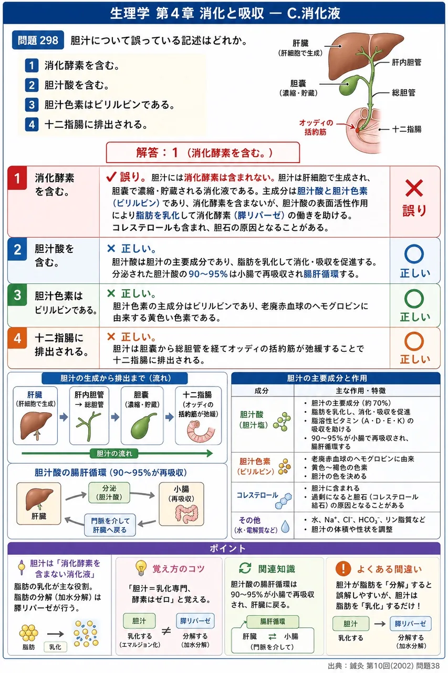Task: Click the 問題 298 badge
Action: (x=38, y=40)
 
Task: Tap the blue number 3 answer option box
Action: (x=32, y=105)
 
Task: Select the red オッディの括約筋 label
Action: (x=316, y=127)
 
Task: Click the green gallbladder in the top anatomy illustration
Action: (x=350, y=85)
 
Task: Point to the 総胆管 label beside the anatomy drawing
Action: (x=403, y=93)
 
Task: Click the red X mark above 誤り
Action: (x=414, y=188)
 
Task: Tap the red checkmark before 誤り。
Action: (x=111, y=177)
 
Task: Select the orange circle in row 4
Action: (x=414, y=341)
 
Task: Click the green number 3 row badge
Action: (x=17, y=295)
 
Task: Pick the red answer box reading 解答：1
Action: (x=203, y=152)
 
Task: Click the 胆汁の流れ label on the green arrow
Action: (x=114, y=453)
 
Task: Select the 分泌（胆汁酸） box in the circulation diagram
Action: (x=109, y=493)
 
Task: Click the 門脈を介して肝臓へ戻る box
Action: (x=110, y=525)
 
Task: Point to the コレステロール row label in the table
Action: (x=257, y=495)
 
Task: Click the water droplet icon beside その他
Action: (x=285, y=526)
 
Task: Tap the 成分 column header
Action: (x=262, y=391)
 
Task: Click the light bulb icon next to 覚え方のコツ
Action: (x=141, y=567)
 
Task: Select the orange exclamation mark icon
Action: (x=343, y=568)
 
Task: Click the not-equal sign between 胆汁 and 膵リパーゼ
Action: (x=166, y=630)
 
